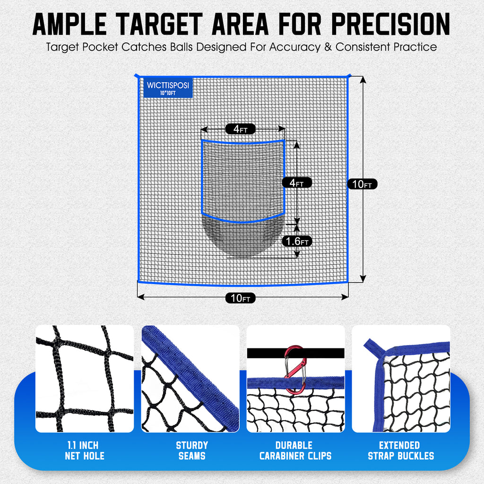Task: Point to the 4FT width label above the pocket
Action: (240, 129)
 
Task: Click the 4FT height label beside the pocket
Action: (296, 182)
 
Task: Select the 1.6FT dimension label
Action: (296, 242)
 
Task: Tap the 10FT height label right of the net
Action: (362, 184)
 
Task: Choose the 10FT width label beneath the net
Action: (240, 298)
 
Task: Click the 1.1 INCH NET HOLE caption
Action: (85, 450)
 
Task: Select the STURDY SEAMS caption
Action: (191, 450)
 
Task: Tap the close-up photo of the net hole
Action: (85, 379)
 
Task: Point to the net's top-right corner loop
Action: (348, 76)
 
